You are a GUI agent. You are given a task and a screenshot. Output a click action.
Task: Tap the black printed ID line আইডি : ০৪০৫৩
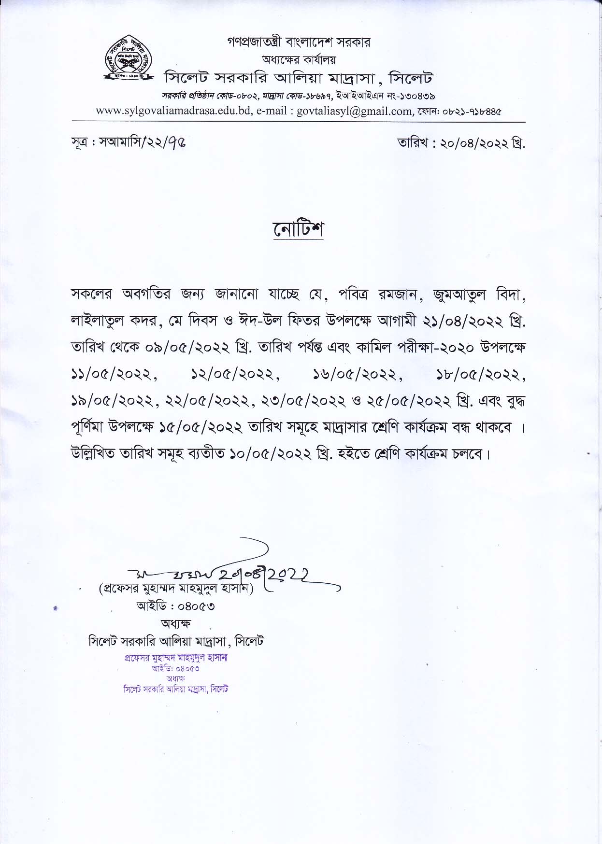(x=176, y=606)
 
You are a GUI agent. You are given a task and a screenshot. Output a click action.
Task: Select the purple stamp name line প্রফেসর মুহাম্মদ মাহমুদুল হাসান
(x=176, y=658)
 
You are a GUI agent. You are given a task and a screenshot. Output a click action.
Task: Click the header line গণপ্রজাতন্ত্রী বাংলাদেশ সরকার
(x=299, y=42)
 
